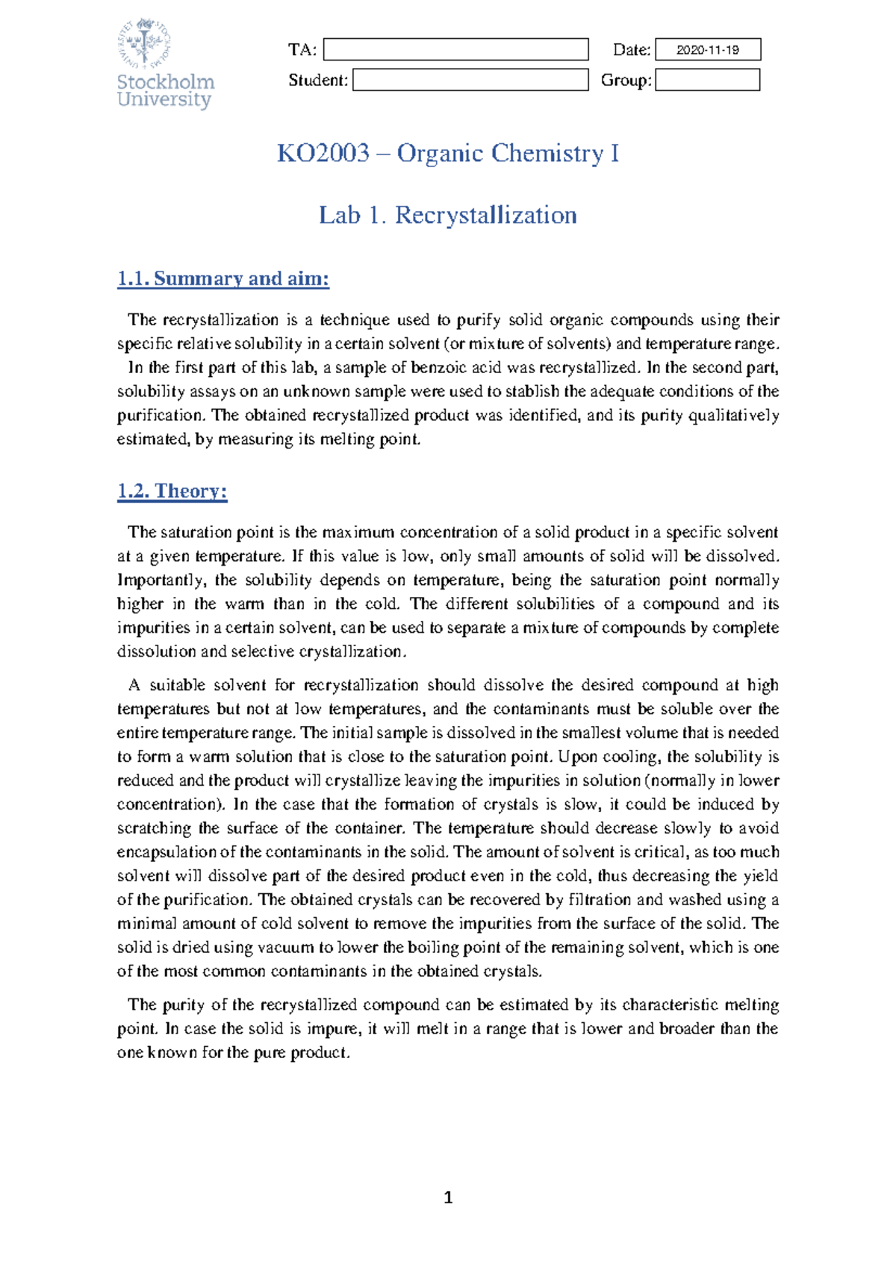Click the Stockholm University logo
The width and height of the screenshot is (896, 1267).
pyautogui.click(x=165, y=64)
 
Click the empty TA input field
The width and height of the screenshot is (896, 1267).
pyautogui.click(x=455, y=49)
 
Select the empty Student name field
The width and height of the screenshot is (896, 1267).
pyautogui.click(x=470, y=80)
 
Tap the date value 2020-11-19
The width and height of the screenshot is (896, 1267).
pyautogui.click(x=707, y=50)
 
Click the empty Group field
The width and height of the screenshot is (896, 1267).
pyautogui.click(x=707, y=80)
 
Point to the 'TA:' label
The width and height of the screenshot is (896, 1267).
pyautogui.click(x=302, y=50)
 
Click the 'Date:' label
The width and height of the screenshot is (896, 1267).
pyautogui.click(x=632, y=50)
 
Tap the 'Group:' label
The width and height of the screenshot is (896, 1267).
pyautogui.click(x=626, y=81)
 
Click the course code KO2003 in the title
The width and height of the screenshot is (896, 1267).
pyautogui.click(x=323, y=153)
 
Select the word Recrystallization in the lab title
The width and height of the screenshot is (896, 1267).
pyautogui.click(x=485, y=215)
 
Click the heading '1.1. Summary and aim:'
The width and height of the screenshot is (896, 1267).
pyautogui.click(x=223, y=279)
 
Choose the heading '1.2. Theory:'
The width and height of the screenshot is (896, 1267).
pyautogui.click(x=172, y=491)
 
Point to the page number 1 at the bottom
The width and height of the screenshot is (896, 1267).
pyautogui.click(x=448, y=1198)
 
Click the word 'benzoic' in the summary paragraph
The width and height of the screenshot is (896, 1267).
pyautogui.click(x=434, y=367)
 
